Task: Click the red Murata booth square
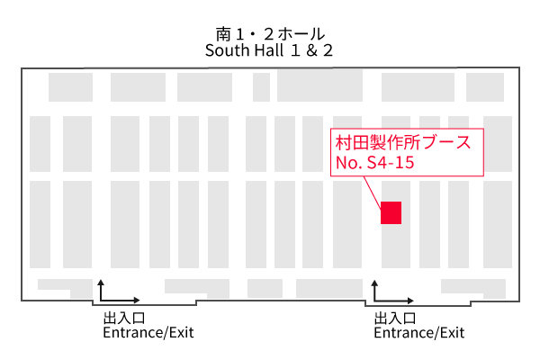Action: point(391,212)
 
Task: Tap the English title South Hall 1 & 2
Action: point(269,50)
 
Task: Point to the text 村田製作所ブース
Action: point(403,143)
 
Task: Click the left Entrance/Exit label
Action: point(148,333)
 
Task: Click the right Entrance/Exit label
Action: point(419,333)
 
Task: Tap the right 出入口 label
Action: point(394,319)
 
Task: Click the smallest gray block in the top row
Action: point(261,87)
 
